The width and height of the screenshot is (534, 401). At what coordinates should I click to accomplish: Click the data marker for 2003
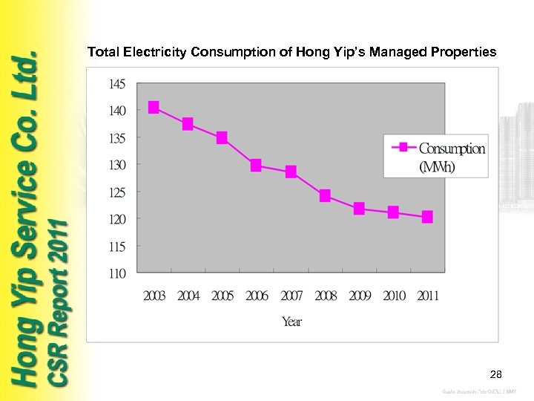pyautogui.click(x=154, y=107)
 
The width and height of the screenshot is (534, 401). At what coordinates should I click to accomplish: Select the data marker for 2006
pyautogui.click(x=256, y=166)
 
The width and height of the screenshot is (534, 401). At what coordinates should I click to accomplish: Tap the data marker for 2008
pyautogui.click(x=325, y=196)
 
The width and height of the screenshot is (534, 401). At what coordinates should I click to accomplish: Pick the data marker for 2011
pyautogui.click(x=427, y=217)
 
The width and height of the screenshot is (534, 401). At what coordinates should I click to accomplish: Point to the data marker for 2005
pyautogui.click(x=222, y=138)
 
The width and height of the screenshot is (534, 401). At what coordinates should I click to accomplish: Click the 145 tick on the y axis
pyautogui.click(x=117, y=84)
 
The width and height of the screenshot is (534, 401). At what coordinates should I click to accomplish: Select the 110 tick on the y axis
pyautogui.click(x=117, y=273)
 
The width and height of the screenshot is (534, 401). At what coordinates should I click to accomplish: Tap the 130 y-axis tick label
pyautogui.click(x=117, y=164)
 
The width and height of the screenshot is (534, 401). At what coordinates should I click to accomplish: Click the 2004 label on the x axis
pyautogui.click(x=188, y=296)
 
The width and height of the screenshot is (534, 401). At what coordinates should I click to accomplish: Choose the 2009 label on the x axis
pyautogui.click(x=360, y=296)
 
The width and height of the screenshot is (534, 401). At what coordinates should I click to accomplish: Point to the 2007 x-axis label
pyautogui.click(x=291, y=296)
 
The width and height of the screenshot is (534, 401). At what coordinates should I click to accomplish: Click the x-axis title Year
pyautogui.click(x=291, y=322)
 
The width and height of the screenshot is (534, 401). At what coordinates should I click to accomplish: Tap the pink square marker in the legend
pyautogui.click(x=403, y=147)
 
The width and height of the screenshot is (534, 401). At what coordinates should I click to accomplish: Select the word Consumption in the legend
pyautogui.click(x=452, y=149)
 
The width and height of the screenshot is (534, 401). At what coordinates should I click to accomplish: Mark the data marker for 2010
pyautogui.click(x=393, y=212)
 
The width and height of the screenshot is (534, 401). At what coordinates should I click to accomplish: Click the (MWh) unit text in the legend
pyautogui.click(x=438, y=166)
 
